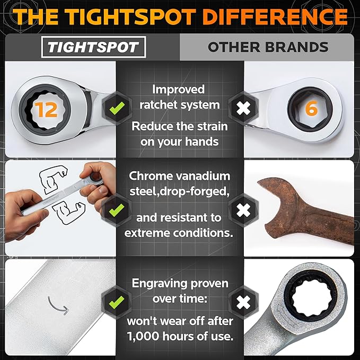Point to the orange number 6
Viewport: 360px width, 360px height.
tap(311, 109)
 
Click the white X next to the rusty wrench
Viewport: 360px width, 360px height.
tap(243, 210)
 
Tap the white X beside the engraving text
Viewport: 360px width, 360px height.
tap(243, 302)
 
